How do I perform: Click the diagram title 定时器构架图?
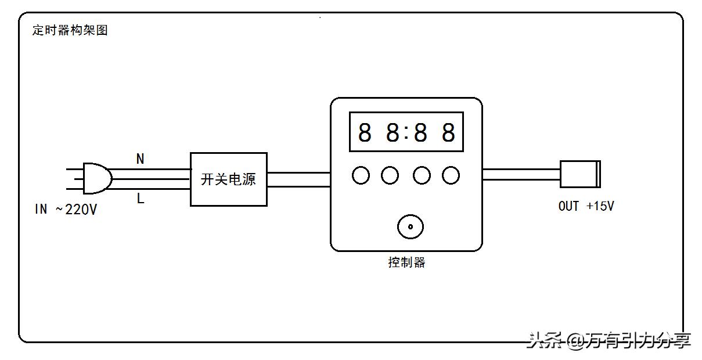coord(70,30)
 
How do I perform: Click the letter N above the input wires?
coord(140,159)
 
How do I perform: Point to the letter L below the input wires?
coord(140,199)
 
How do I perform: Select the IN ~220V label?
coord(66,210)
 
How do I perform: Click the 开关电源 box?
coord(229,179)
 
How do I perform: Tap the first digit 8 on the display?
coord(365,133)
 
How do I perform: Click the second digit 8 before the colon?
coord(393,133)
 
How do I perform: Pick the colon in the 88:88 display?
coord(406,133)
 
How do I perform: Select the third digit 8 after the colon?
coord(420,133)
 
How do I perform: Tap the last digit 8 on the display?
coord(448,133)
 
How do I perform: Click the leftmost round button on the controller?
coord(361,175)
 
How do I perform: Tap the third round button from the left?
coord(422,175)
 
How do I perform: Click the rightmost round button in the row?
coord(451,175)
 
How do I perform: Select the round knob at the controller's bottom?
coord(411,227)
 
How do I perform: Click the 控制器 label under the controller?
coord(406,262)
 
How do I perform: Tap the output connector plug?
coord(579,174)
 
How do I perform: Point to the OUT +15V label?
coord(586,206)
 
